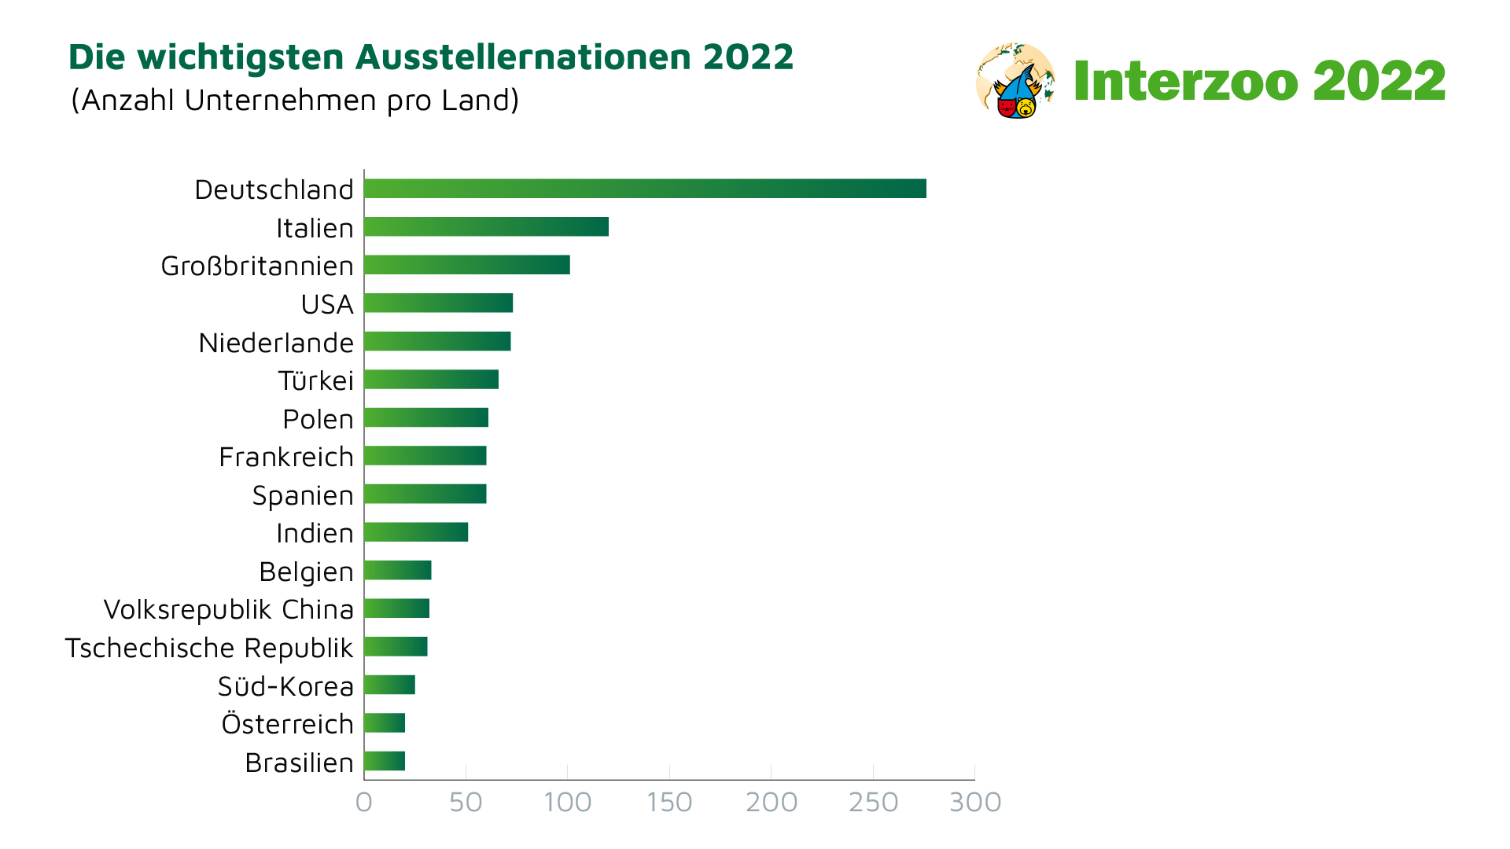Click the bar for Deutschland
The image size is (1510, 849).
pyautogui.click(x=645, y=189)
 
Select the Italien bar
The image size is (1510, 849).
pyautogui.click(x=486, y=227)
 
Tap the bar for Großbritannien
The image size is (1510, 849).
pyautogui.click(x=467, y=265)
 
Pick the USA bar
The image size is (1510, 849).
pyautogui.click(x=438, y=303)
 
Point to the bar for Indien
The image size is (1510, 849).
pyautogui.click(x=416, y=532)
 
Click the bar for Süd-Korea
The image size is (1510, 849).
pyautogui.click(x=389, y=685)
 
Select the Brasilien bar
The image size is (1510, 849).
pyautogui.click(x=385, y=761)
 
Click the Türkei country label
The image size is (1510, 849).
pyautogui.click(x=315, y=381)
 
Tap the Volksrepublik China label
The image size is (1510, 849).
pyautogui.click(x=228, y=610)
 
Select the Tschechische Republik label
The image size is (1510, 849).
pyautogui.click(x=209, y=649)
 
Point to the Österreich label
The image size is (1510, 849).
pyautogui.click(x=287, y=724)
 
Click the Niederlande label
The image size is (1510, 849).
pyautogui.click(x=276, y=344)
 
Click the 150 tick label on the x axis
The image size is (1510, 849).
pyautogui.click(x=669, y=803)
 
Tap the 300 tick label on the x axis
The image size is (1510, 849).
pyautogui.click(x=975, y=803)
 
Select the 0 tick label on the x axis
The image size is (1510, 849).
pyautogui.click(x=363, y=803)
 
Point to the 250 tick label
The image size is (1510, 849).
pyautogui.click(x=873, y=803)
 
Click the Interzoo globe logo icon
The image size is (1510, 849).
pyautogui.click(x=1015, y=81)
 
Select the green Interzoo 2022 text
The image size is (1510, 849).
pyautogui.click(x=1259, y=81)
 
